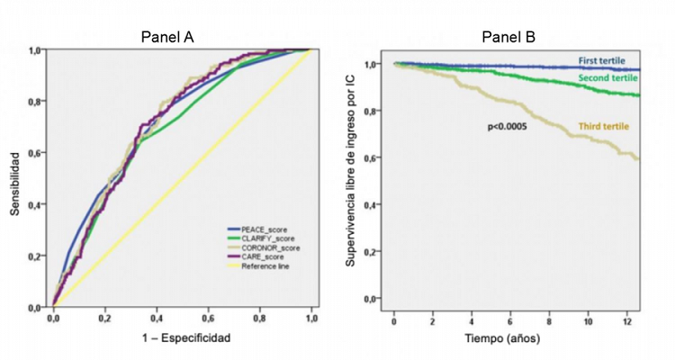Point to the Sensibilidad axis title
(x=15, y=179)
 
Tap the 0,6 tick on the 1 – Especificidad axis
(x=208, y=319)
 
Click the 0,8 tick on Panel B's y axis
(x=370, y=111)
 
